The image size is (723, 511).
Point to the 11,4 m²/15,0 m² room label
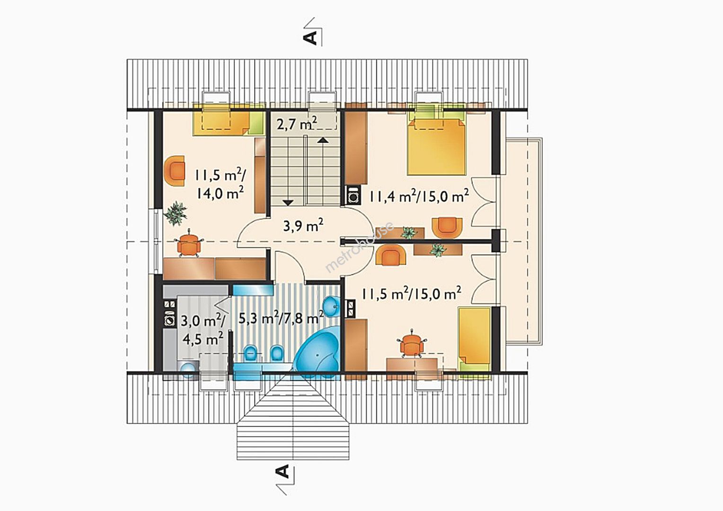pos(419,195)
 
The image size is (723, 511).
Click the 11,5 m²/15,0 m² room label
pos(411,293)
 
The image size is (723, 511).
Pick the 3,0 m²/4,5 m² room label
pos(203,329)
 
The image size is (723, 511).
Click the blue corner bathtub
pos(317,352)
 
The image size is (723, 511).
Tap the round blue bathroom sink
pos(332,306)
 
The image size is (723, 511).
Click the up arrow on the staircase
pos(323,140)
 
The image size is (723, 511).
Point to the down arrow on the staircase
pos(288,203)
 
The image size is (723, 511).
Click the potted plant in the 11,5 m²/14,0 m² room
pos(176,213)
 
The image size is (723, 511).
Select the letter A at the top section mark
pos(310,37)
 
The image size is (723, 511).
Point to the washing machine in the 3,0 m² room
pos(170,320)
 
